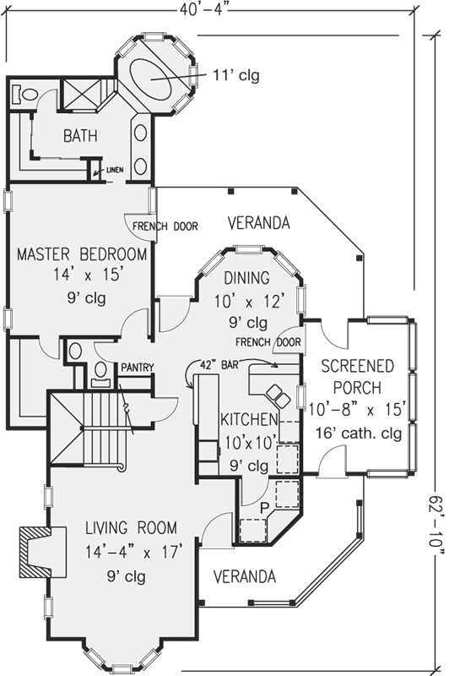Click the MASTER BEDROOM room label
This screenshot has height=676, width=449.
click(82, 254)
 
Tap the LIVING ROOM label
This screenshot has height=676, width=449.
click(131, 527)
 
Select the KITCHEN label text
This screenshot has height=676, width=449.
click(249, 419)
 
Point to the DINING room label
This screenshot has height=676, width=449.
click(247, 278)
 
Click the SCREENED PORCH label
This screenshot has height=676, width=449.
click(358, 377)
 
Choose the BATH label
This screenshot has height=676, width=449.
click(80, 136)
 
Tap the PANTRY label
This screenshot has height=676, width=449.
click(138, 368)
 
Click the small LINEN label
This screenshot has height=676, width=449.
click(115, 170)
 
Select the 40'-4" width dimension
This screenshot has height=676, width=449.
click(203, 8)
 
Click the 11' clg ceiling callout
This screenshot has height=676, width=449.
click(236, 75)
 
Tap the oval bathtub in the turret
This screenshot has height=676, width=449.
click(151, 79)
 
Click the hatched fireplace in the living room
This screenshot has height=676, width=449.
click(42, 552)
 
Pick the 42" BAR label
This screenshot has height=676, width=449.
click(219, 365)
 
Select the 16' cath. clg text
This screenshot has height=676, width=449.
click(359, 433)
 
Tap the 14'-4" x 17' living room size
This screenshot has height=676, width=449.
click(134, 552)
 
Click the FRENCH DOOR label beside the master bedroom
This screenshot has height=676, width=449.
click(165, 226)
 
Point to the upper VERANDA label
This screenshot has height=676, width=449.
click(259, 223)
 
